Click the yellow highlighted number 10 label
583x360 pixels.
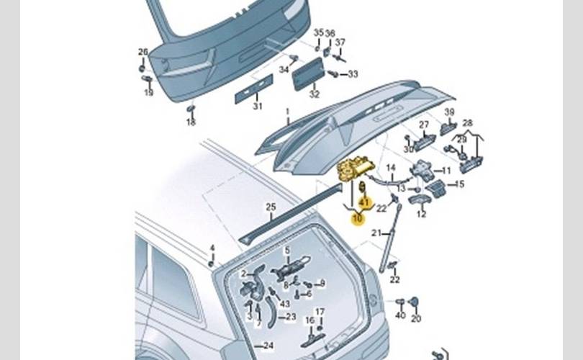(x=357, y=218)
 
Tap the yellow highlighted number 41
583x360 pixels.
(x=363, y=204)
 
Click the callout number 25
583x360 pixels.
(x=271, y=207)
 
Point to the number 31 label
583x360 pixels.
(x=257, y=107)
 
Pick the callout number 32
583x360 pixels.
(x=314, y=94)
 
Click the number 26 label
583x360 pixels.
(x=143, y=52)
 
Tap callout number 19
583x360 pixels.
(x=149, y=92)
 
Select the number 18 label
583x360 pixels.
(x=191, y=122)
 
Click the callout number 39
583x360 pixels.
(x=449, y=112)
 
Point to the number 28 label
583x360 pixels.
(x=467, y=124)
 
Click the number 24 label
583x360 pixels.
(x=268, y=346)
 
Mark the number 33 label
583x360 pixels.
(x=352, y=74)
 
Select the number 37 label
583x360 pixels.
(x=340, y=42)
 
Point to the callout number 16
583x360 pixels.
(x=309, y=320)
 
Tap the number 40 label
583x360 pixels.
(x=399, y=316)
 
